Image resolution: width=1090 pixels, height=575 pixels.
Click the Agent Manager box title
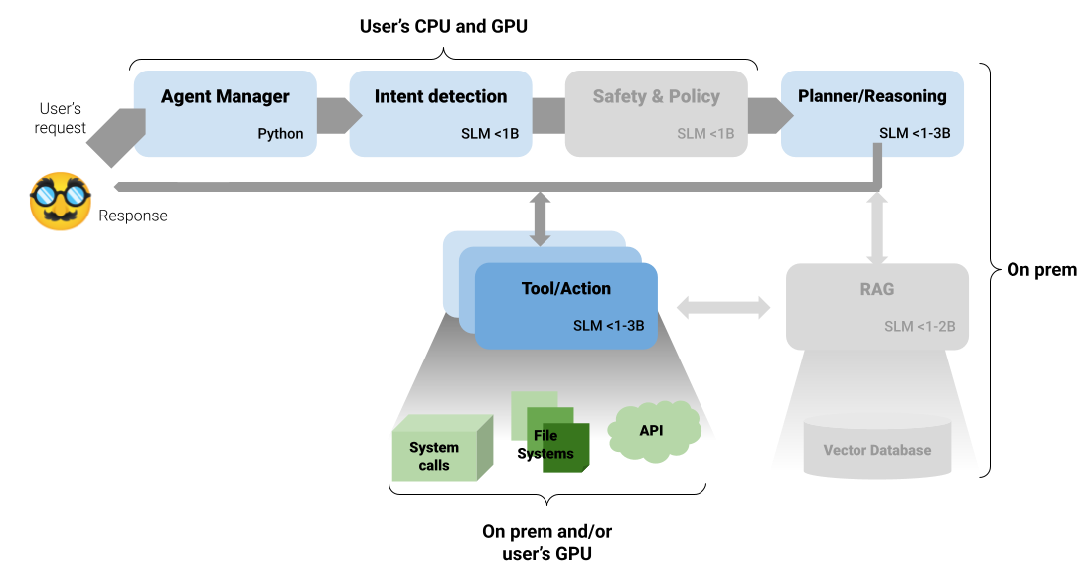[226, 97]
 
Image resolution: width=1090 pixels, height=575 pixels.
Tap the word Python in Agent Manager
[280, 134]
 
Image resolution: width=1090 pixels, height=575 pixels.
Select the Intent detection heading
[440, 97]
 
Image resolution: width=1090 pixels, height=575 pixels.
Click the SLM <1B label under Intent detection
[490, 134]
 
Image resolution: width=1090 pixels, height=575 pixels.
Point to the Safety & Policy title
[656, 97]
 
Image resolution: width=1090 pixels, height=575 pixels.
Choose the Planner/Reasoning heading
[871, 97]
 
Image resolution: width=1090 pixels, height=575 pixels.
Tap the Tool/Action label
[566, 289]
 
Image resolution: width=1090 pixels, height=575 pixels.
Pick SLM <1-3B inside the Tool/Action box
[608, 326]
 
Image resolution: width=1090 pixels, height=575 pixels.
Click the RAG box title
[877, 290]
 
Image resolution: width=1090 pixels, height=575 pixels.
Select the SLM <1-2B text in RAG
[920, 327]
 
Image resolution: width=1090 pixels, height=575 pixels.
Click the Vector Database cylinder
[877, 448]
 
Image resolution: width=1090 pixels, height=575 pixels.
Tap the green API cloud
[652, 431]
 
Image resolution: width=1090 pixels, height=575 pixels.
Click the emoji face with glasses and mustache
[60, 202]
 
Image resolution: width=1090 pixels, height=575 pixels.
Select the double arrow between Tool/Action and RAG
[722, 308]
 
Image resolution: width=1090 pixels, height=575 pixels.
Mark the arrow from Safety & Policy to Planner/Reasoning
[768, 115]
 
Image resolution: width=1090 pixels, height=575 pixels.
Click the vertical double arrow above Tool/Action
[540, 218]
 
